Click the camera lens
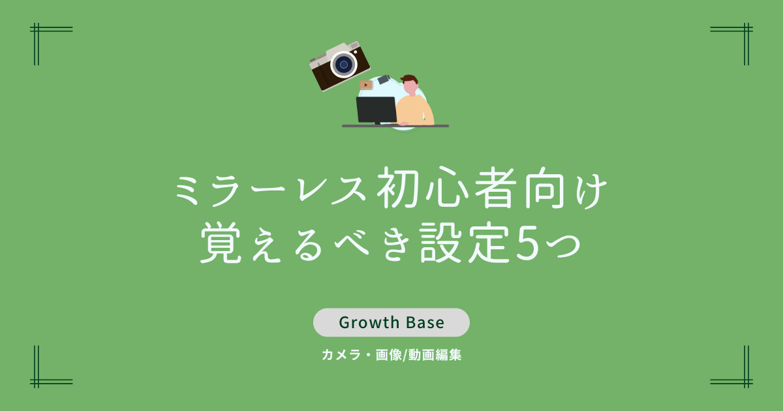[344, 65]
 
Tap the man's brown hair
[409, 79]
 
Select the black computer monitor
[376, 110]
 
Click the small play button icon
[366, 85]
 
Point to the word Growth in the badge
[369, 322]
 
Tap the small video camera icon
[384, 79]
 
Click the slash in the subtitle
[405, 356]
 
